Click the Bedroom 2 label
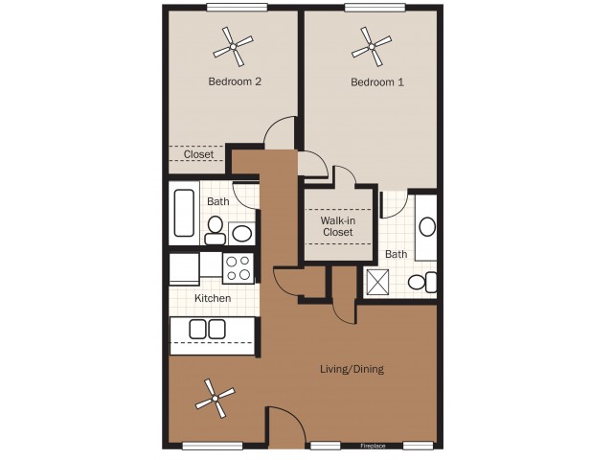[x=235, y=81]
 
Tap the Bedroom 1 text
[x=376, y=82]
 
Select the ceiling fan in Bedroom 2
[x=233, y=43]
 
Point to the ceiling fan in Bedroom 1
[x=372, y=43]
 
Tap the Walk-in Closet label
[x=337, y=225]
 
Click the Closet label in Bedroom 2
[x=198, y=154]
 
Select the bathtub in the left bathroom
[x=184, y=212]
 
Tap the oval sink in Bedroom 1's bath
[x=427, y=227]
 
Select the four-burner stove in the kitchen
[x=238, y=267]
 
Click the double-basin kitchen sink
[x=207, y=330]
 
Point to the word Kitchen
[x=213, y=298]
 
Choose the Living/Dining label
[x=352, y=369]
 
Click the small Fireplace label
[x=373, y=447]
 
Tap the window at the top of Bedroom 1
[x=375, y=8]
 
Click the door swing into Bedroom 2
[x=282, y=132]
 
